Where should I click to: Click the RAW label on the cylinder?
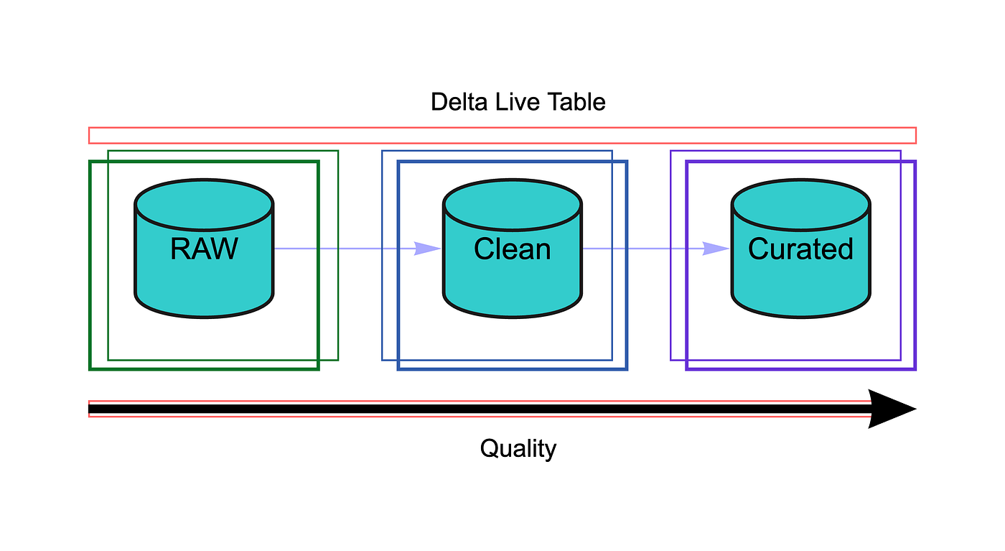(x=204, y=249)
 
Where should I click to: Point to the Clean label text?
(x=513, y=249)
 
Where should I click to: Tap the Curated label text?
(x=801, y=249)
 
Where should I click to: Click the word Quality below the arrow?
(x=518, y=448)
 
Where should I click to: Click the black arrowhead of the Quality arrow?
(x=892, y=409)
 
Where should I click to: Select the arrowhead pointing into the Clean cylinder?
(x=427, y=249)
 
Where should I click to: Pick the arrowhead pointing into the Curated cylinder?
(x=716, y=249)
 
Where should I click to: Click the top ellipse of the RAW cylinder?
(x=204, y=205)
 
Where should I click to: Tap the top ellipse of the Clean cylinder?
(x=513, y=205)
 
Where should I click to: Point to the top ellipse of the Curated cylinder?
(x=801, y=205)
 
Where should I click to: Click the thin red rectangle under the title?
(x=502, y=128)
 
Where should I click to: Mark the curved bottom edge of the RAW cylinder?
(x=204, y=317)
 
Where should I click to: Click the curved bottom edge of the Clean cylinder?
(x=513, y=317)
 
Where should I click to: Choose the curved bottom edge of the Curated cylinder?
(x=801, y=317)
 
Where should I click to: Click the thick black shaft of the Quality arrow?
(x=480, y=409)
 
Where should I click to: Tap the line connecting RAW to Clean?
(x=357, y=249)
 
